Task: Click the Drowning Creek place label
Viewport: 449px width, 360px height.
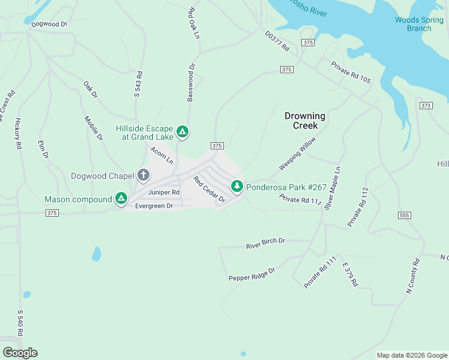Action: pos(305,121)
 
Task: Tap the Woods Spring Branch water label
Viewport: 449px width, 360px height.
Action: pos(419,24)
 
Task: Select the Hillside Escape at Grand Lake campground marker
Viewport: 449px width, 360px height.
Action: pos(183,131)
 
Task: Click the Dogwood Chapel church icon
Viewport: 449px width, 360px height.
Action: pos(143,175)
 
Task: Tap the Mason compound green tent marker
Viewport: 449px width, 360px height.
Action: pos(121,199)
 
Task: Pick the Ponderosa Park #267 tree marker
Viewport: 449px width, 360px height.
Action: pos(237,187)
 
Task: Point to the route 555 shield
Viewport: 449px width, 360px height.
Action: pos(404,215)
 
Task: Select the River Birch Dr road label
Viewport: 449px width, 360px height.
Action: pos(265,244)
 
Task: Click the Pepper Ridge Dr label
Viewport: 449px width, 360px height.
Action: pos(252,274)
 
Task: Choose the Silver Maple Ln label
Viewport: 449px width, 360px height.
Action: pos(332,188)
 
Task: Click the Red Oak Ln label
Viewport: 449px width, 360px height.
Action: pos(193,23)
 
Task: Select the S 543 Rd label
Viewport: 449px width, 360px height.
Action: pos(139,85)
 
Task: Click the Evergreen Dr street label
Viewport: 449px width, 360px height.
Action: pos(154,206)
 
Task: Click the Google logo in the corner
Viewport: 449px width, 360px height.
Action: pos(20,353)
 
